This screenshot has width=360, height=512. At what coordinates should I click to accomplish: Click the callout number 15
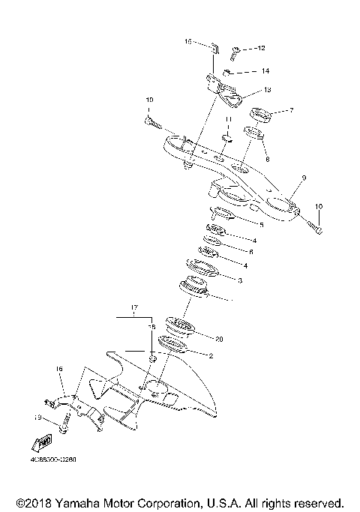click(x=188, y=43)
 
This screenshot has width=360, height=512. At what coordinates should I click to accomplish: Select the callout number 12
click(x=261, y=48)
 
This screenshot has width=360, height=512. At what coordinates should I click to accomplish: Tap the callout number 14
click(x=265, y=71)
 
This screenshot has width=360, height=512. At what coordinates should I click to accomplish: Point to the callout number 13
click(x=266, y=90)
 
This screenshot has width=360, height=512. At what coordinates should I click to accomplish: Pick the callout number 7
click(x=291, y=110)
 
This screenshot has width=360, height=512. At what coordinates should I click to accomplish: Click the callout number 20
click(x=219, y=338)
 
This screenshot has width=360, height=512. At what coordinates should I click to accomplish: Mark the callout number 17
click(x=134, y=308)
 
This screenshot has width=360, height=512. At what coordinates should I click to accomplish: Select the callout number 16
click(x=59, y=370)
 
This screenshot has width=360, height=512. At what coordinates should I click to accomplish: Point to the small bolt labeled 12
click(x=235, y=52)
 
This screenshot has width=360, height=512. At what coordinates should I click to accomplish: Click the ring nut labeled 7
click(x=259, y=115)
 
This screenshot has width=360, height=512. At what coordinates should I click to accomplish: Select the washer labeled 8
click(x=252, y=136)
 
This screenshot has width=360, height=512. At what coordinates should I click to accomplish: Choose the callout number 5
click(x=261, y=223)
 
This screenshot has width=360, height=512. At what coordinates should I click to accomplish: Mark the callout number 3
click(x=239, y=280)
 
